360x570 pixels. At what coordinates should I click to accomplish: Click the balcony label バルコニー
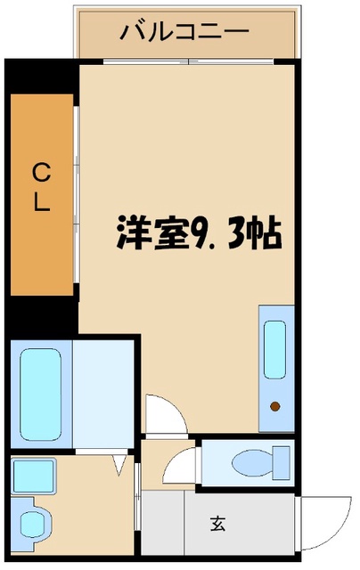184,32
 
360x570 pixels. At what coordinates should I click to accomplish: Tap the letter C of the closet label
42,173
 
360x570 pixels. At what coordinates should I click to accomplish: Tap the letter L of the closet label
42,201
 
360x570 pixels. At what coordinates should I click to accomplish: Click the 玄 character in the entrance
217,524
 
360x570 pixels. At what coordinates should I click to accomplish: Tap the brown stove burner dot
275,406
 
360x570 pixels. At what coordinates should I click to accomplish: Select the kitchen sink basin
274,350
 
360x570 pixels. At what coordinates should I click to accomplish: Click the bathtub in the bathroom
40,395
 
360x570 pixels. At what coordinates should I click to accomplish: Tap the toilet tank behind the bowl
282,463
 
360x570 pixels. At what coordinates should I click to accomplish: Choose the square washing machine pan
34,476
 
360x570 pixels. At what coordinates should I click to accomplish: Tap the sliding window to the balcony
188,61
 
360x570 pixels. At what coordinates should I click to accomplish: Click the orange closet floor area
42,194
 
